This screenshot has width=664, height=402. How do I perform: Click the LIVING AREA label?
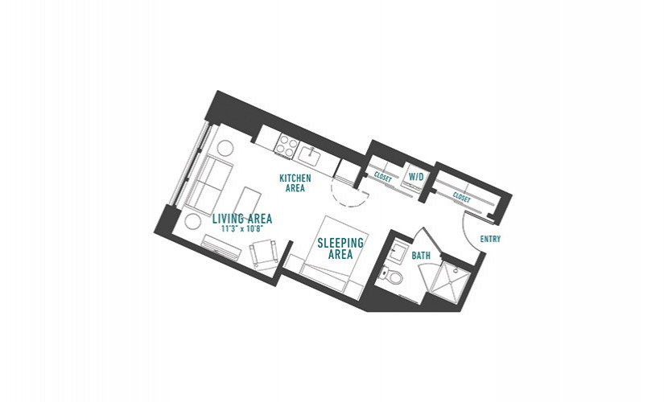click(241, 219)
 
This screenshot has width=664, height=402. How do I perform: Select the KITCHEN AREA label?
click(295, 183)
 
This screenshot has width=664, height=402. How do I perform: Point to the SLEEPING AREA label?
click(340, 248)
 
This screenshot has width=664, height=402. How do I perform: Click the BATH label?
click(421, 256)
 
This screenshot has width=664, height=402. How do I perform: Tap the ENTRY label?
click(490, 239)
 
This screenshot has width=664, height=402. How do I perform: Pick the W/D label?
click(415, 176)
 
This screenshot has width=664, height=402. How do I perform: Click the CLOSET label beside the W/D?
click(383, 177)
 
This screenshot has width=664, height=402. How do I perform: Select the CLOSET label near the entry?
click(461, 197)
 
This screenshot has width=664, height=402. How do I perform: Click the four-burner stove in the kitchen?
click(286, 146)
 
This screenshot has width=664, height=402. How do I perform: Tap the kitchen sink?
click(311, 155)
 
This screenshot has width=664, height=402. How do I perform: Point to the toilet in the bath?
click(390, 276)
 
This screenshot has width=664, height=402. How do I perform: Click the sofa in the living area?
click(208, 184)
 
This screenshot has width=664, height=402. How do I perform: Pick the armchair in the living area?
click(264, 253)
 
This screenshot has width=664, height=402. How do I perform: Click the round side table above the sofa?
click(225, 149)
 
